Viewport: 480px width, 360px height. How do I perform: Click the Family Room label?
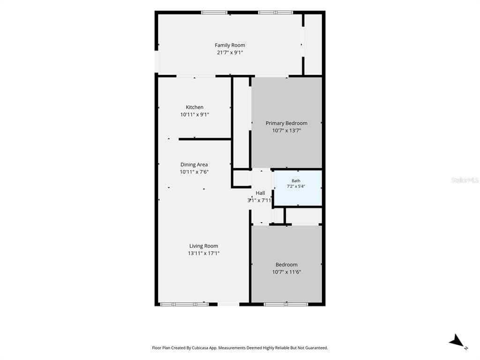pos(230,45)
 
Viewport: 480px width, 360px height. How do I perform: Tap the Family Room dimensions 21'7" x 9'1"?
pos(230,52)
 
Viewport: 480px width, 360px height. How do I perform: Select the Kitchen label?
pos(195,107)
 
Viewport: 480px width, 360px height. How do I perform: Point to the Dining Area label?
pos(194,165)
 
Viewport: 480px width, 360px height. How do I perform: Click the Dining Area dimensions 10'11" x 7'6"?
pos(194,172)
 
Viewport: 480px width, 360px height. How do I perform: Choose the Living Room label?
pos(203,246)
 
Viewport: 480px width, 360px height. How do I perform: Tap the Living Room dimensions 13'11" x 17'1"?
pos(203,253)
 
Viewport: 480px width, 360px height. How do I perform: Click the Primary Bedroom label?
pos(286,123)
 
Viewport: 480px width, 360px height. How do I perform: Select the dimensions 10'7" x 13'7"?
pos(286,130)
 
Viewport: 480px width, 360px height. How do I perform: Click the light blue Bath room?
pos(298,188)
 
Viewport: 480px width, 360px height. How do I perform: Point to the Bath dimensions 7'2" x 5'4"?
pos(296,186)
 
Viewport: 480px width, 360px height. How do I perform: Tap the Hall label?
pos(260,193)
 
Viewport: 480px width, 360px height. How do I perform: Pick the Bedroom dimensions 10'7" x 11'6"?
pos(286,272)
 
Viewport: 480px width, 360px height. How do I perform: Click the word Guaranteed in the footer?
pos(316,348)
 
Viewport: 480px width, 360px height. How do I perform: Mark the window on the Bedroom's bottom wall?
pos(286,304)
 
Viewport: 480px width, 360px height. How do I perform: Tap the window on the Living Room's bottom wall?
pos(184,304)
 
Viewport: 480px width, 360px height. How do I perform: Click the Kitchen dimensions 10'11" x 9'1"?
pos(195,114)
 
